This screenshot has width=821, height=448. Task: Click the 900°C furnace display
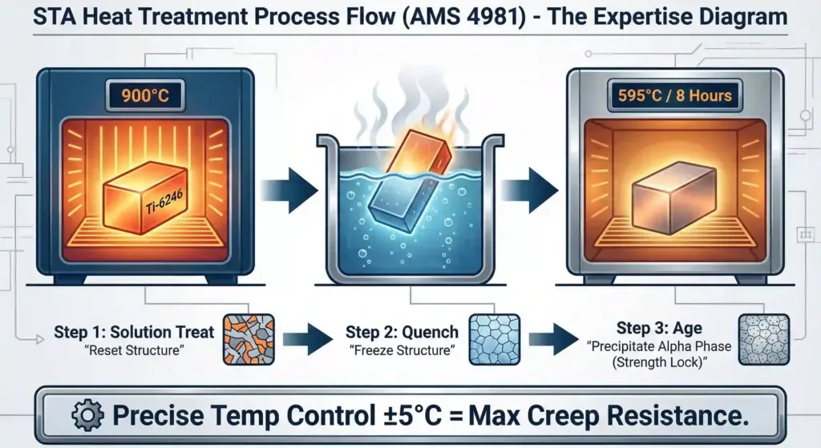pyautogui.click(x=145, y=95)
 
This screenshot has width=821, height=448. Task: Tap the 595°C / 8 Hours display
pyautogui.click(x=674, y=95)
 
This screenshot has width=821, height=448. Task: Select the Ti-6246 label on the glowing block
pyautogui.click(x=164, y=202)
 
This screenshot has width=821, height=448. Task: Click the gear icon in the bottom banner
pyautogui.click(x=87, y=415)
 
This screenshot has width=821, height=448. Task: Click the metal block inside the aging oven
pyautogui.click(x=674, y=199)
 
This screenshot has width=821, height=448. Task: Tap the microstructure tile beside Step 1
pyautogui.click(x=249, y=340)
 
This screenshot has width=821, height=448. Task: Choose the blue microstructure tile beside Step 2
pyautogui.click(x=494, y=340)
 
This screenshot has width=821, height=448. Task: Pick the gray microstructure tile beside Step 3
pyautogui.click(x=764, y=340)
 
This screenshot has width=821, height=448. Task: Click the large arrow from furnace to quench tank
pyautogui.click(x=289, y=189)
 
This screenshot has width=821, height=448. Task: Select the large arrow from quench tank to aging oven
pyautogui.click(x=529, y=189)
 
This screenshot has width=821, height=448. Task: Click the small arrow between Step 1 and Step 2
pyautogui.click(x=308, y=339)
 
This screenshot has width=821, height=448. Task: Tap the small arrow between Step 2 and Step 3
pyautogui.click(x=553, y=339)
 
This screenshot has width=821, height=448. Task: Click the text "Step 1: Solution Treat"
pyautogui.click(x=134, y=332)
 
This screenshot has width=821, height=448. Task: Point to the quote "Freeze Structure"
pyautogui.click(x=402, y=350)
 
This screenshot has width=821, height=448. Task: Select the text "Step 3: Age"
pyautogui.click(x=659, y=328)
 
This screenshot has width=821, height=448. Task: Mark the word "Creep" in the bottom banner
pyautogui.click(x=562, y=417)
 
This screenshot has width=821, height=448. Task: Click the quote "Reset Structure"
pyautogui.click(x=134, y=350)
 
